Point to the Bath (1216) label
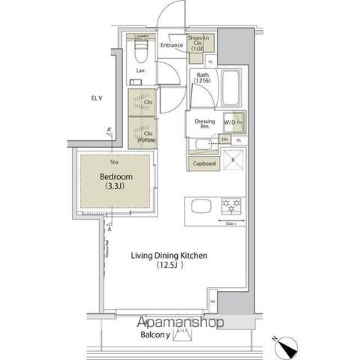click(x=203, y=79)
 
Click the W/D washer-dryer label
click(x=229, y=121)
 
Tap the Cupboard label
click(x=205, y=163)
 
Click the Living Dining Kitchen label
click(x=169, y=255)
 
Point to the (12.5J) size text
click(x=169, y=265)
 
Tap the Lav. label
click(x=140, y=73)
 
